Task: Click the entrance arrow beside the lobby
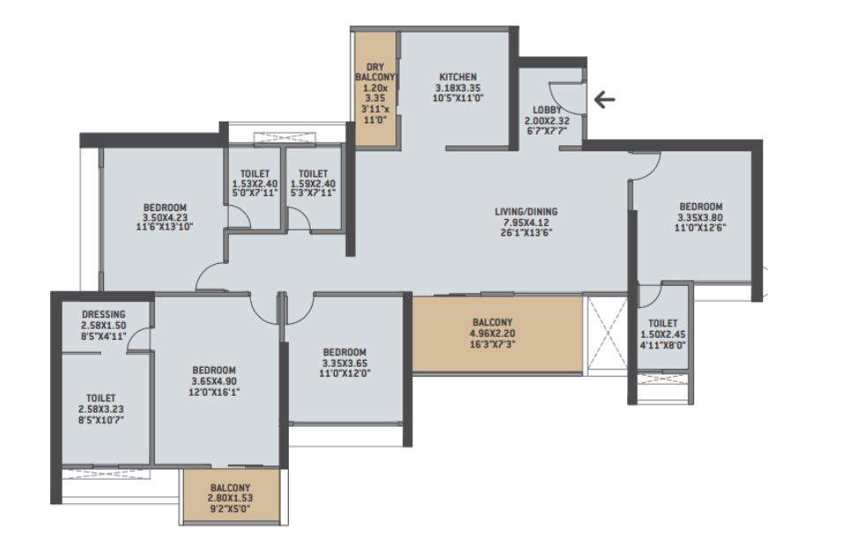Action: coord(604,99)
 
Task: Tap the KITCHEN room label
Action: coord(458,77)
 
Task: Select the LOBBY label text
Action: coord(547,110)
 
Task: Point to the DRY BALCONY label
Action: coord(375,72)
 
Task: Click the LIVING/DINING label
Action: coord(527,211)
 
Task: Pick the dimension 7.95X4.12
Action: coord(527,223)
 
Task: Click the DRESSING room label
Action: coord(104,314)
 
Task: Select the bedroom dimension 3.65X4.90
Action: coord(214,381)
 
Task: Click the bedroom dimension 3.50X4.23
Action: coord(165,217)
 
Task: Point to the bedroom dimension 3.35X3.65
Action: coord(344,363)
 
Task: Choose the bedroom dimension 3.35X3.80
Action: coord(701,217)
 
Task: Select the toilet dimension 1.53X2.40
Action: coord(255,184)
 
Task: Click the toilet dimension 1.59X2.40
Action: coord(313,184)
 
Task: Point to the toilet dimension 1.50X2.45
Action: coord(663,334)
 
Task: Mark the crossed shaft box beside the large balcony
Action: coord(606,333)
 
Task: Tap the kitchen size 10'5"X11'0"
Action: coord(458,99)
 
